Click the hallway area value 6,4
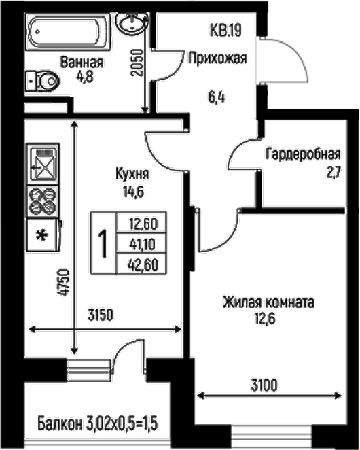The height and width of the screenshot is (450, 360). [x=216, y=96]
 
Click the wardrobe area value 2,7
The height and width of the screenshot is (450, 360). [x=334, y=172]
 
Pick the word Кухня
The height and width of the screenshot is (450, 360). [x=132, y=175]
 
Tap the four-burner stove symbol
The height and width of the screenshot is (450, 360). [x=43, y=201]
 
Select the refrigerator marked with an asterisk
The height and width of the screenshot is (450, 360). [x=43, y=236]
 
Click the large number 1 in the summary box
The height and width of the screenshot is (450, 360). [x=104, y=243]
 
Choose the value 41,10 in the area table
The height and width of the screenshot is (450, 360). [x=143, y=243]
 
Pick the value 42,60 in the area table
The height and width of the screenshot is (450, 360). [x=143, y=264]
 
